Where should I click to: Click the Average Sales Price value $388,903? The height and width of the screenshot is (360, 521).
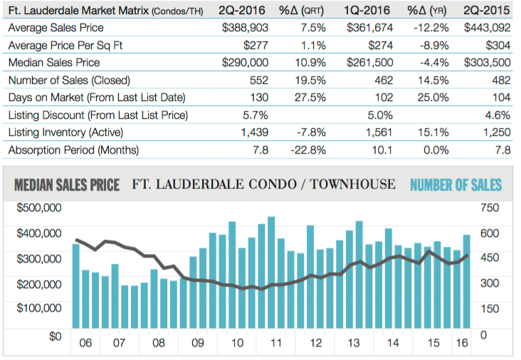click(245, 28)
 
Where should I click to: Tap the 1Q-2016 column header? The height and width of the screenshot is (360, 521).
click(369, 11)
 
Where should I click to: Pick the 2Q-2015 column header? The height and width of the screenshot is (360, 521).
click(487, 11)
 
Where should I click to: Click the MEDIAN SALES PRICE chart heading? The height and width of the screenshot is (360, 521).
click(67, 185)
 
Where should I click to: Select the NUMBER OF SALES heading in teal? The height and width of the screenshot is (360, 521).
click(456, 185)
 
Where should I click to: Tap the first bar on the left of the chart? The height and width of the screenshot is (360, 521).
click(76, 288)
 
